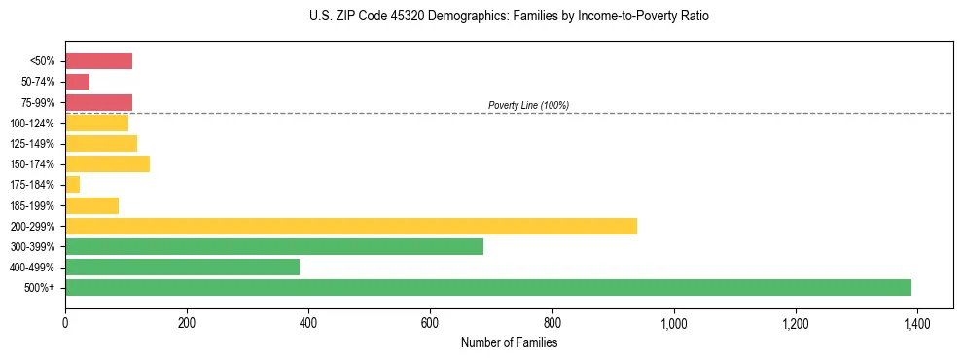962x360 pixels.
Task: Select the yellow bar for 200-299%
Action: (351, 226)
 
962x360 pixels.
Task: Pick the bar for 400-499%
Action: (182, 267)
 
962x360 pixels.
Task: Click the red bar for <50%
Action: (98, 61)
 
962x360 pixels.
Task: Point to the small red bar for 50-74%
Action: (77, 82)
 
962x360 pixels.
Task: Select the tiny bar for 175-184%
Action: (72, 184)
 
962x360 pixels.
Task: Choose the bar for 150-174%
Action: (107, 163)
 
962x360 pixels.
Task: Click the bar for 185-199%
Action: (91, 205)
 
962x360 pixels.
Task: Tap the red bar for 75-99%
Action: (98, 102)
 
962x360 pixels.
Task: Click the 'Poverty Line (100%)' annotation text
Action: (528, 105)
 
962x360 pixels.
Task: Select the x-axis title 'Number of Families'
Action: (509, 342)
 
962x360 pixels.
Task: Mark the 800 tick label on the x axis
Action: (552, 322)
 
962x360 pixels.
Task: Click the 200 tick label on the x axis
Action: (187, 322)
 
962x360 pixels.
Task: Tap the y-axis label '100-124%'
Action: (32, 124)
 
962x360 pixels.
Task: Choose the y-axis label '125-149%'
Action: (32, 144)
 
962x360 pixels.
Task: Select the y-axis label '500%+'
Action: (38, 288)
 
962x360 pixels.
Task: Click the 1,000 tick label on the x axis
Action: (673, 322)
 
